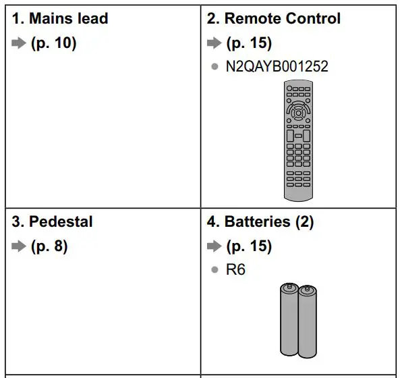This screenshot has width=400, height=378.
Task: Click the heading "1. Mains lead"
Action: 60,19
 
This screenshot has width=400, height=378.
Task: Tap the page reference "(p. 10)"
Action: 53,43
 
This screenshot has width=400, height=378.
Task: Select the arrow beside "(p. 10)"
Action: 19,43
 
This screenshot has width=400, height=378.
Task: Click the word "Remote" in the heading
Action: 253,19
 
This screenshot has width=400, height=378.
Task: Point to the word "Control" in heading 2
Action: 313,19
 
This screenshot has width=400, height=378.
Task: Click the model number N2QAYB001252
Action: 277,66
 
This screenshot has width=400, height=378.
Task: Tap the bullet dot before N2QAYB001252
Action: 215,67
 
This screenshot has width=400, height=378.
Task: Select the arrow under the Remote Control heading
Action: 215,43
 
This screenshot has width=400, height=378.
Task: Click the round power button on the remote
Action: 289,88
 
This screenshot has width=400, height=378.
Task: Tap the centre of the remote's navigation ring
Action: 298,113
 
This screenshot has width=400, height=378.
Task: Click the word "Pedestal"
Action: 61,221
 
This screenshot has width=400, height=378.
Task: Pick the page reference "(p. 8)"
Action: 49,246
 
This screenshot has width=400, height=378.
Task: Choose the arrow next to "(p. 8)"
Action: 19,246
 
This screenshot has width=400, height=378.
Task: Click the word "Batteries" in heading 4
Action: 258,221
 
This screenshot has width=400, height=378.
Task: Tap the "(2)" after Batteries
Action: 304,222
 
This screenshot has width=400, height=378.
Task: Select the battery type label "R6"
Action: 235,269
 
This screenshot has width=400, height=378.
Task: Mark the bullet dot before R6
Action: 215,269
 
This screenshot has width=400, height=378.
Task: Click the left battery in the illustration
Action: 289,319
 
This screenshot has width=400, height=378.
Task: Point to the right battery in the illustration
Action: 308,321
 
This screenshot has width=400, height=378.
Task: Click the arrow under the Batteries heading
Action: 215,246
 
